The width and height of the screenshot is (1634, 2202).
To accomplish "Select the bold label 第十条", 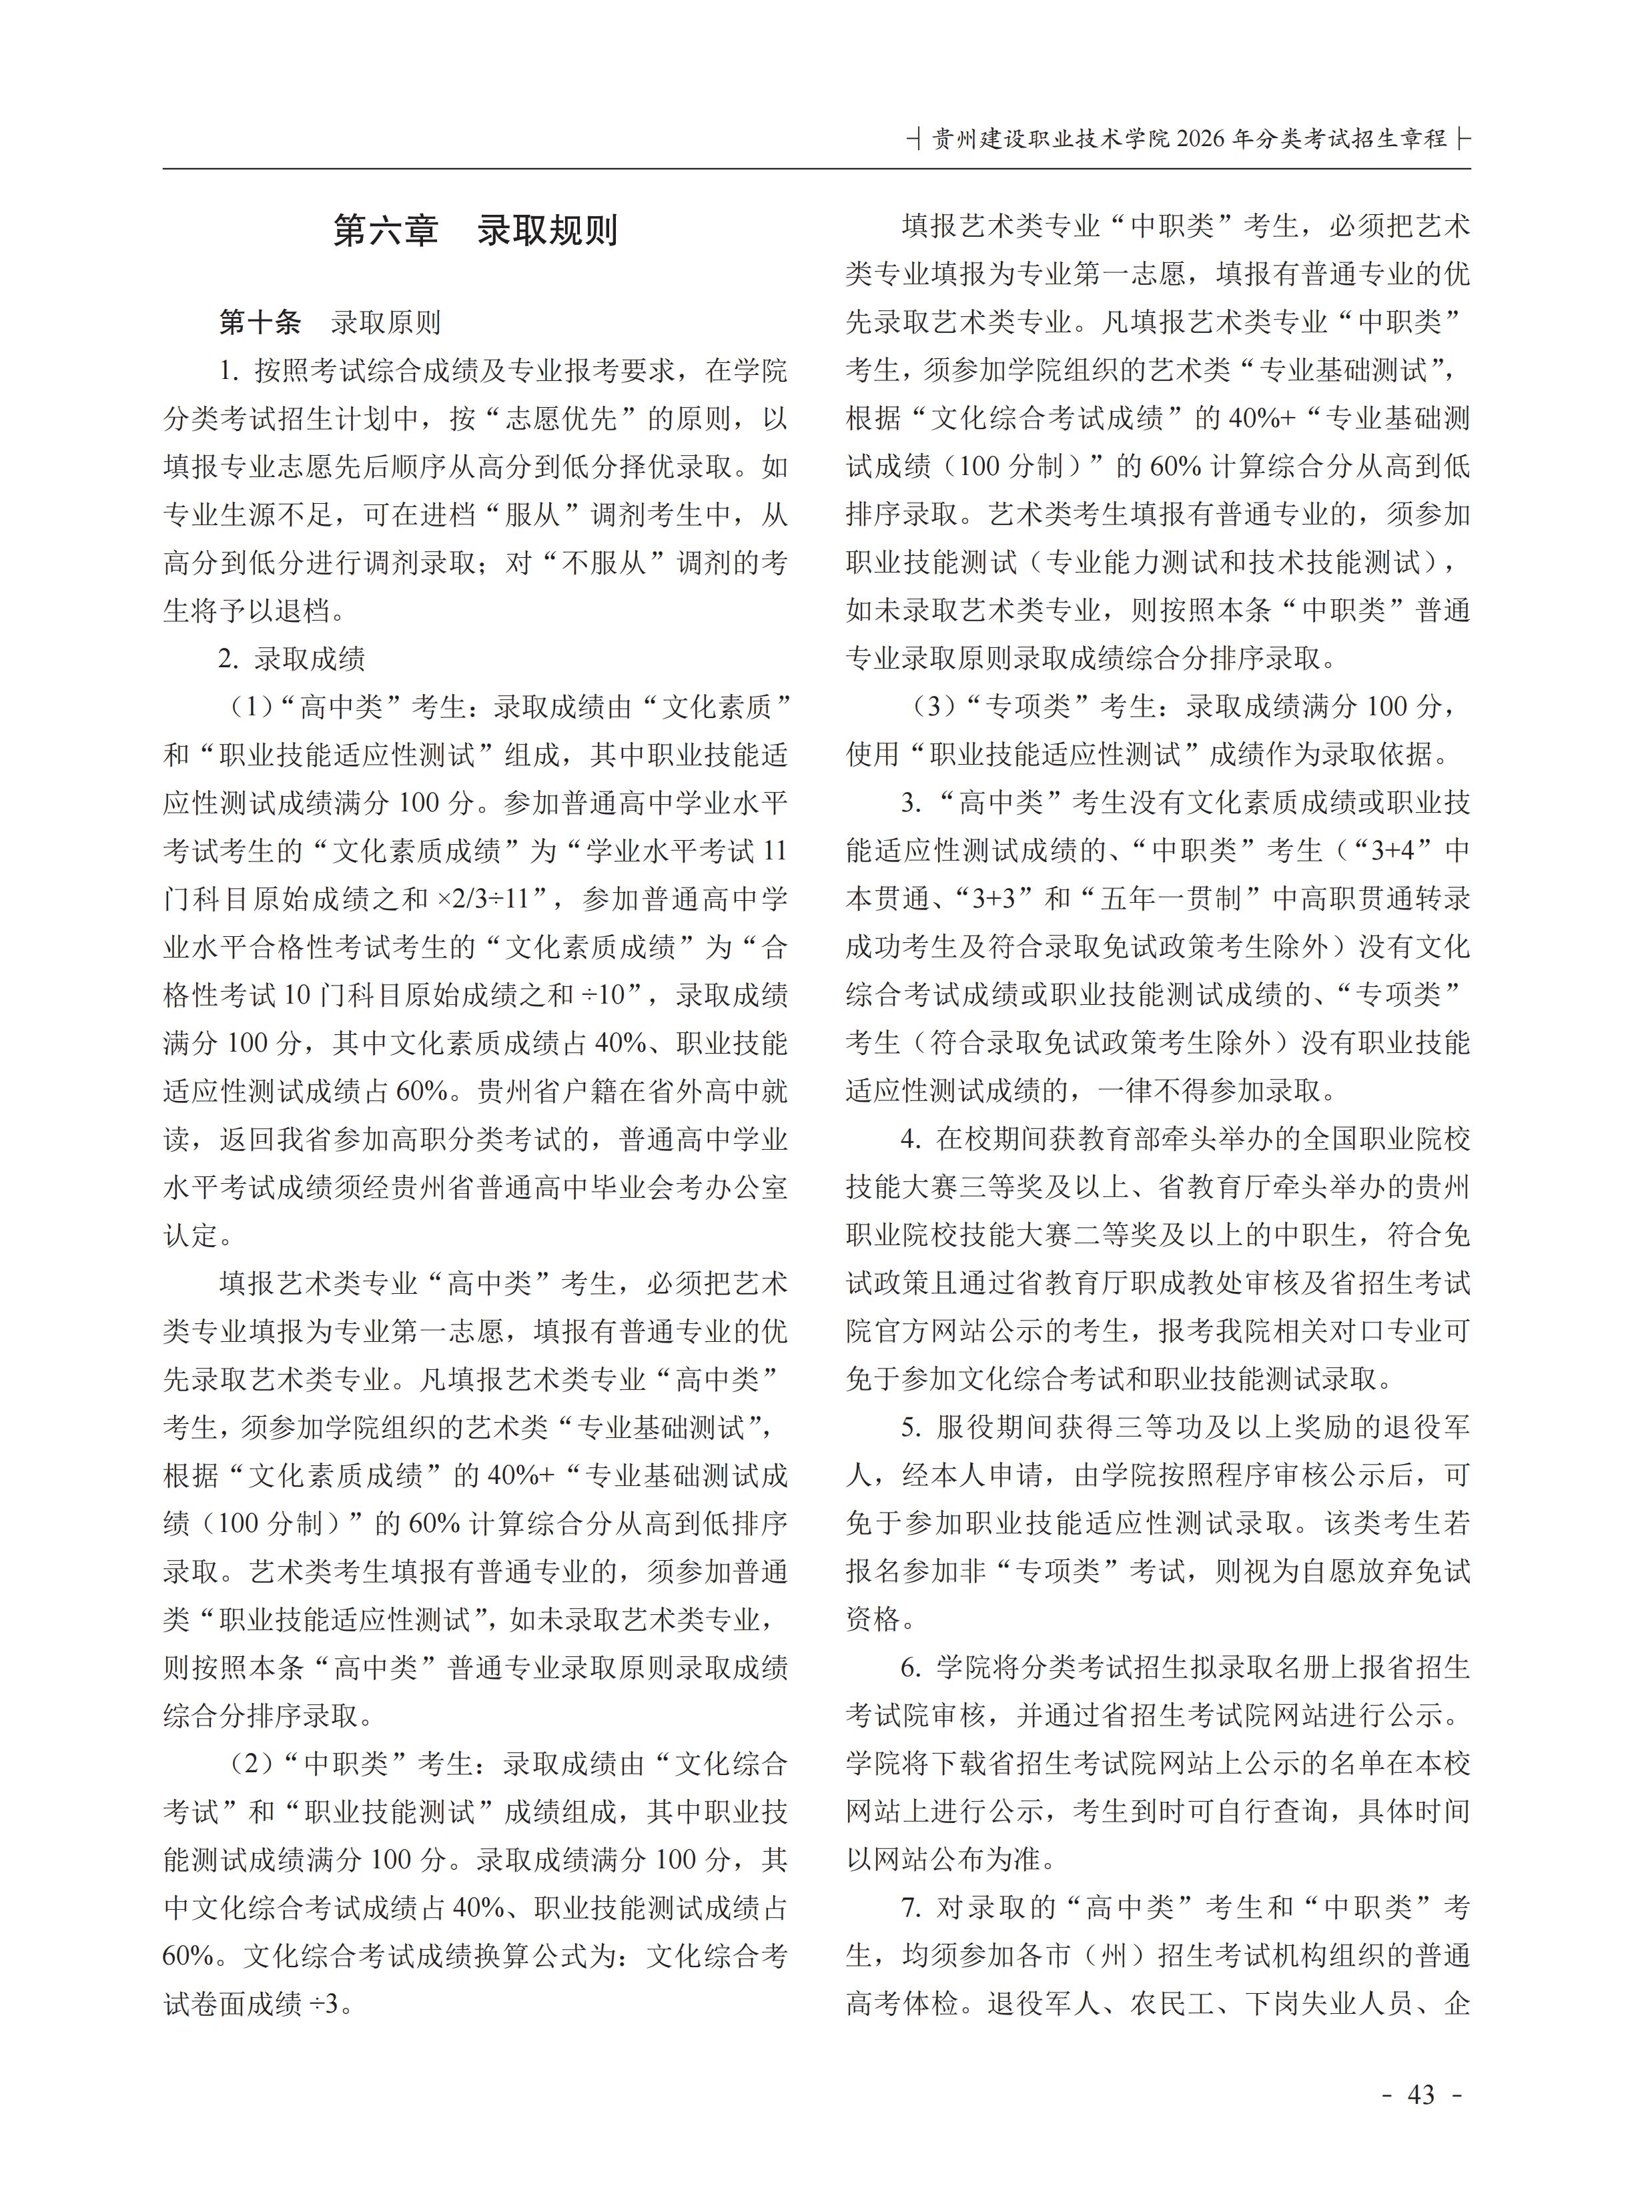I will click(x=259, y=322).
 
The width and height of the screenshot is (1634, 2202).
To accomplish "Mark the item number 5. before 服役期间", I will click(x=910, y=1427).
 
